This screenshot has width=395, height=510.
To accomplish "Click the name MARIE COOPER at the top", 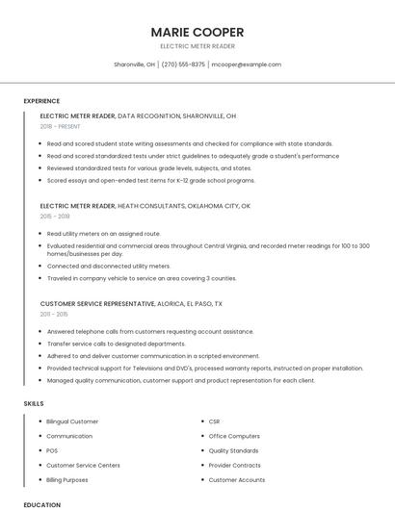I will click(197, 32).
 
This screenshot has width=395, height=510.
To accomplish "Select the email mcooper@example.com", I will click(246, 64).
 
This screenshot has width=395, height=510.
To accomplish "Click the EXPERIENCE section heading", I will click(41, 101).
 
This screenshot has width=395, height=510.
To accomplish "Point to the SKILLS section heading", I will click(34, 404).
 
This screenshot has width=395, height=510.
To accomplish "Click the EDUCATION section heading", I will click(41, 504).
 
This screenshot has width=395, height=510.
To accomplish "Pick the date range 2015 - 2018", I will click(55, 217).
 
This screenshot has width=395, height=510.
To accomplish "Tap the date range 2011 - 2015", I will click(54, 314).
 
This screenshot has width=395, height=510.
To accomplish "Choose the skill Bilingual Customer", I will click(72, 421).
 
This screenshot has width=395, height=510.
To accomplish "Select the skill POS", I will click(52, 450).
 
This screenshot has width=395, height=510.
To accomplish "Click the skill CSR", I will click(215, 421).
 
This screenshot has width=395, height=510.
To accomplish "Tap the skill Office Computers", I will click(234, 436).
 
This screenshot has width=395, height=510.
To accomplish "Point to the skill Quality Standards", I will click(233, 450).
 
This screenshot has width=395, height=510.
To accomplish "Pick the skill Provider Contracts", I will click(234, 465).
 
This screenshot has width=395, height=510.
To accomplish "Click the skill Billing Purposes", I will click(67, 479).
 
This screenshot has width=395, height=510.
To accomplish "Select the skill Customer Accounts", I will click(236, 479).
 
